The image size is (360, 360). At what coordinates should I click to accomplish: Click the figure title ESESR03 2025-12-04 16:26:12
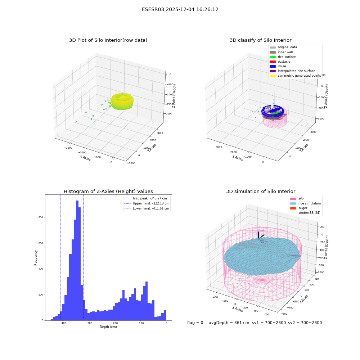(x=180, y=9)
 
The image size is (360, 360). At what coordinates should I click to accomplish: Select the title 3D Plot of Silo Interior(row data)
(x=108, y=40)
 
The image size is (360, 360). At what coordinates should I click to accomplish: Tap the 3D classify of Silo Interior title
(x=261, y=40)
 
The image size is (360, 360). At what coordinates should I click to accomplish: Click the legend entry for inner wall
(x=281, y=52)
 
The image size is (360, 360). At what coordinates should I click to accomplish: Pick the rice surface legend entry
(x=283, y=57)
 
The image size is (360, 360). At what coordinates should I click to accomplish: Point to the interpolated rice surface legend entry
(x=292, y=71)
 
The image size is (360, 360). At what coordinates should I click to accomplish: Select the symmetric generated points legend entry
(x=295, y=76)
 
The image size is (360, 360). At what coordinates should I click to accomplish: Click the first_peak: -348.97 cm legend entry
(x=145, y=198)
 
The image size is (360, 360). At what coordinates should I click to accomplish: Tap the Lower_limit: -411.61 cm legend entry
(x=147, y=208)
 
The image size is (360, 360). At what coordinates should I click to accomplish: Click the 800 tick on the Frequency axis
(x=41, y=217)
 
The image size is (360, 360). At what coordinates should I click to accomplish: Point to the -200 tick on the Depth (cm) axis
(x=114, y=323)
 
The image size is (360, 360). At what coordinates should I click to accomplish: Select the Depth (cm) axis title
(x=108, y=327)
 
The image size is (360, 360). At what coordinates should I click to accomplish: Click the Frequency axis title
(x=36, y=258)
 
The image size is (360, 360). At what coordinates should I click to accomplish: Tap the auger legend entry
(x=299, y=208)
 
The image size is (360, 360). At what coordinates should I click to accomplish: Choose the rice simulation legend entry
(x=305, y=203)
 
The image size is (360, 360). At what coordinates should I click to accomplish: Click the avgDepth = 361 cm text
(x=229, y=323)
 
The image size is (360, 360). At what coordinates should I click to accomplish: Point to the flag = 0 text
(x=195, y=323)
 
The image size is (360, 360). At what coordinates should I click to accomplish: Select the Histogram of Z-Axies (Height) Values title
(x=108, y=192)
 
